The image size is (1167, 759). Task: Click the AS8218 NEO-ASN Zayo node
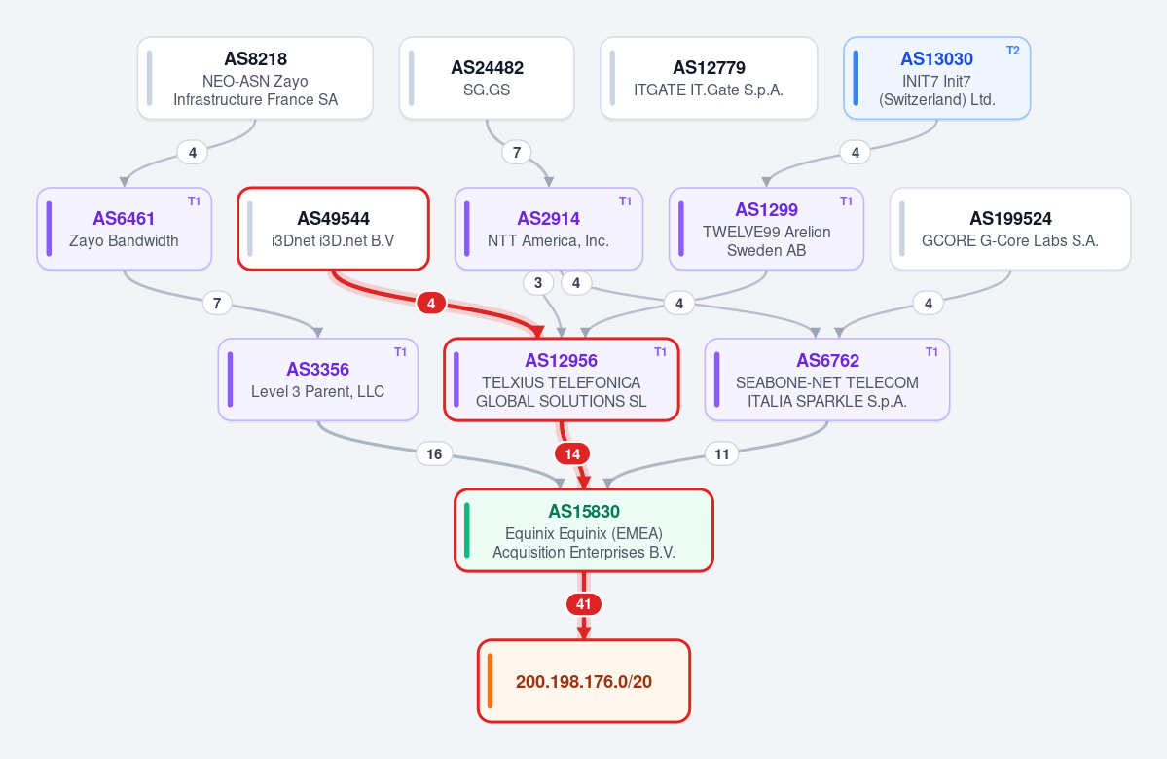tap(255, 78)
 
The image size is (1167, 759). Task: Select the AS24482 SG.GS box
tap(487, 78)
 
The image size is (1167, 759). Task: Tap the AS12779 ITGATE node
tap(709, 78)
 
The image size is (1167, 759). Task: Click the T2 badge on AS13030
tap(1013, 51)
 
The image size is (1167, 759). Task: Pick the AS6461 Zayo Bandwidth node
tap(125, 229)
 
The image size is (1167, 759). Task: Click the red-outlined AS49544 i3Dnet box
tap(334, 229)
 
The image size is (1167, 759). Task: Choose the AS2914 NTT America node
tap(549, 229)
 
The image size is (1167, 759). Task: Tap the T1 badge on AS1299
tap(846, 201)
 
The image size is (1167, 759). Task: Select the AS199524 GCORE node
tap(1010, 229)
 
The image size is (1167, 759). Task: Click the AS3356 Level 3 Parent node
tap(318, 379)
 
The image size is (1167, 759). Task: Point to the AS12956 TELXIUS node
tap(562, 379)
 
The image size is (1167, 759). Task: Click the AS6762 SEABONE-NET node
tap(827, 379)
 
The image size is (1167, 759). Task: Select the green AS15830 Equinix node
tap(584, 530)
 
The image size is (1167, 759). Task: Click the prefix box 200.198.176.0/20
tap(584, 681)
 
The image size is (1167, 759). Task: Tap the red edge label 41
tap(584, 604)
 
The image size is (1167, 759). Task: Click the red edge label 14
tap(572, 453)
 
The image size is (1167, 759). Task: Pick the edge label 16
tap(434, 453)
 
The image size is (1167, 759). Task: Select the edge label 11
tap(722, 453)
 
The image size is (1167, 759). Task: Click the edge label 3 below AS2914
tap(538, 283)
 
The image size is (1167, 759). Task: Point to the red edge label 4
tap(431, 303)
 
